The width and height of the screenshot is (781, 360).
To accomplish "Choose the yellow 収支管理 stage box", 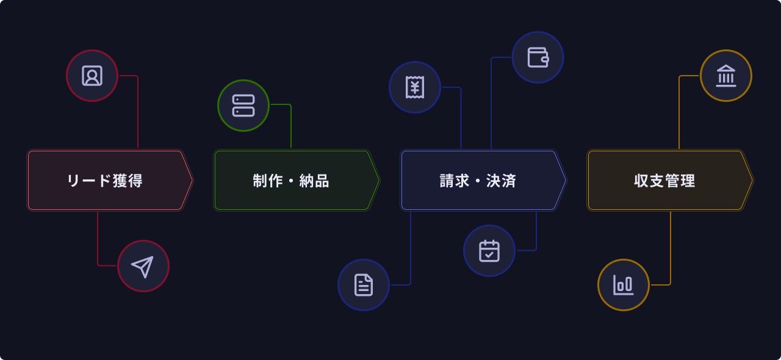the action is click(x=665, y=181).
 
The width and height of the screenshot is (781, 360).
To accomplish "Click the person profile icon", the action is click(x=92, y=76).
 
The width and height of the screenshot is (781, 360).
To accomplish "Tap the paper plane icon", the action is click(x=143, y=266).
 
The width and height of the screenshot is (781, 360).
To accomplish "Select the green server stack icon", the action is click(x=243, y=106).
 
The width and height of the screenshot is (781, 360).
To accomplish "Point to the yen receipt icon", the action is click(x=415, y=87).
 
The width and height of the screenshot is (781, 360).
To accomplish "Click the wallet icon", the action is click(x=538, y=57).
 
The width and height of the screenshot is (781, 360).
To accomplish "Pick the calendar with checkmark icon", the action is click(x=489, y=251).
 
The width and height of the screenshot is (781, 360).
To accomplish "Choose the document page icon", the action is click(x=364, y=285).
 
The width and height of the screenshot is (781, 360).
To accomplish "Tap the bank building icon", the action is click(x=726, y=76).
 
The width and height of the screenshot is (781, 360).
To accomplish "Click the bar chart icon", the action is click(x=624, y=285).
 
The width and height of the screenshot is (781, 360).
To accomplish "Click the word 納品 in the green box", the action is click(x=314, y=181).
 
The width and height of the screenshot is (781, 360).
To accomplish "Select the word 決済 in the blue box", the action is click(x=502, y=181).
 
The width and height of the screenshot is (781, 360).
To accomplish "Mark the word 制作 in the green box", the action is click(x=268, y=181).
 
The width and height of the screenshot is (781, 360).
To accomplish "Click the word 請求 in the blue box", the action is click(x=455, y=181).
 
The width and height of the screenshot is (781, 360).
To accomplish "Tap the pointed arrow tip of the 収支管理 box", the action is click(x=750, y=181).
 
